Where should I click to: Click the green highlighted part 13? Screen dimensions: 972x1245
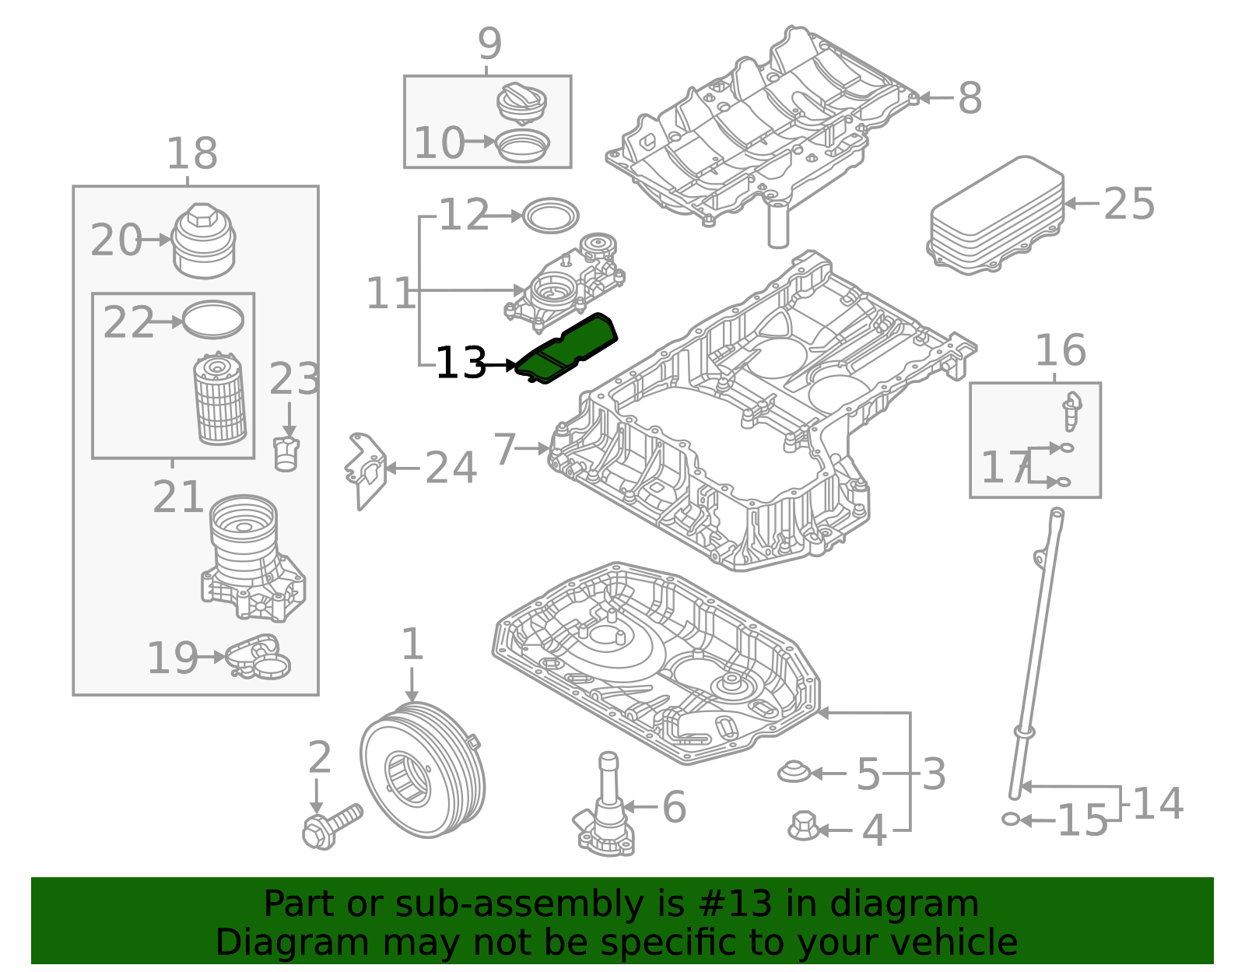566,348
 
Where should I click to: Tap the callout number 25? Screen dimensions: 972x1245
1129,204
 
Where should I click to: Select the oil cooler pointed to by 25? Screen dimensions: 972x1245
997,214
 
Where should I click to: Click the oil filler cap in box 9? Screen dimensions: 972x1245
521,102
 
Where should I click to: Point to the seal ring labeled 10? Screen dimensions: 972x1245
522,144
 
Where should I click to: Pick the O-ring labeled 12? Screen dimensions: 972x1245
551,216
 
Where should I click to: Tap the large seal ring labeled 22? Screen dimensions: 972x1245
213,320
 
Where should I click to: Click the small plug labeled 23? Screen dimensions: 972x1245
286,454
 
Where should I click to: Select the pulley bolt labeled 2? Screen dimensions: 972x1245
331,826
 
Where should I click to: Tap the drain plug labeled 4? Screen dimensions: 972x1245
803,826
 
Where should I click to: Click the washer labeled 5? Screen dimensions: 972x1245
794,772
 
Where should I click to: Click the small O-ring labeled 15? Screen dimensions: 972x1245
1011,819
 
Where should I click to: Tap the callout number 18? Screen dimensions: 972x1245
191,154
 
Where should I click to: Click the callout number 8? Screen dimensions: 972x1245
970,99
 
